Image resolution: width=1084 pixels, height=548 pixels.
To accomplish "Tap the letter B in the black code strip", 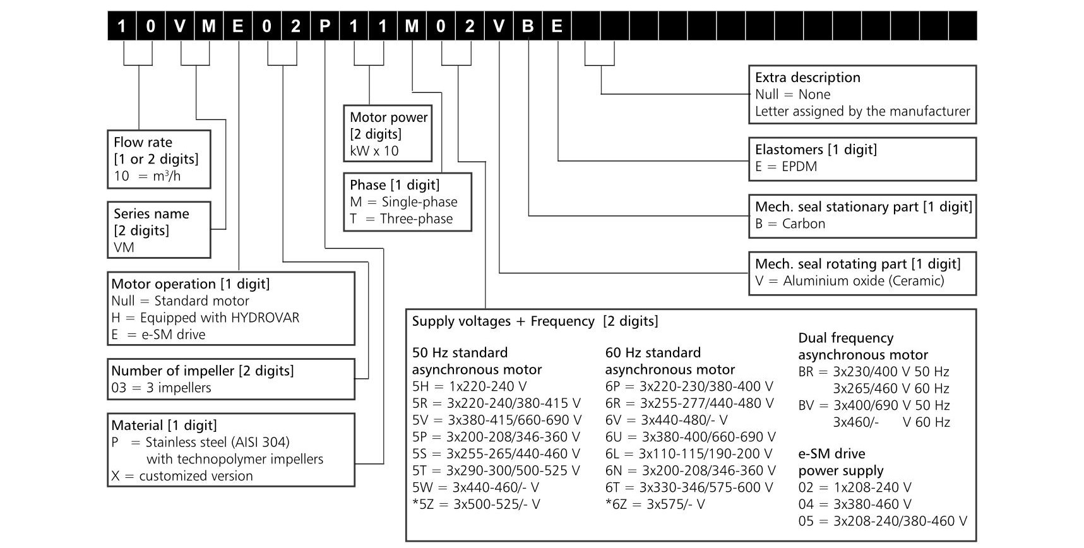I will [528, 26].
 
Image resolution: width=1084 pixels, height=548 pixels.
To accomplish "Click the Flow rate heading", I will [143, 142].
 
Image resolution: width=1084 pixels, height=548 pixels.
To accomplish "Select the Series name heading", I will [152, 213].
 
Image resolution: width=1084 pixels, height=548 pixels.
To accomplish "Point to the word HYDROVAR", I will [265, 318].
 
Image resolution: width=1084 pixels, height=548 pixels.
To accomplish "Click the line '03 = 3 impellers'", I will [161, 388].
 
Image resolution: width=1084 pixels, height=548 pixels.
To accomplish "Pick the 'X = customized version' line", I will [182, 476].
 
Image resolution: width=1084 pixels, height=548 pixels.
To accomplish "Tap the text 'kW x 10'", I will [374, 151].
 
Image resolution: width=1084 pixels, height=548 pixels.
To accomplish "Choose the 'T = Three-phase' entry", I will [402, 219].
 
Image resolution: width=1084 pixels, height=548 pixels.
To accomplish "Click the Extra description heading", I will [807, 78].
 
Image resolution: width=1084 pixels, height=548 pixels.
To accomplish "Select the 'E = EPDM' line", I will [786, 167].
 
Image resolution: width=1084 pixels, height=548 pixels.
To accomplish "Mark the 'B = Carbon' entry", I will [790, 224].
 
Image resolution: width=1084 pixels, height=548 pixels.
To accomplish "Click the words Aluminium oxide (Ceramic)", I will [863, 281].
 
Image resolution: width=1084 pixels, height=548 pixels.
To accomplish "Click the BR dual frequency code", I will [806, 372].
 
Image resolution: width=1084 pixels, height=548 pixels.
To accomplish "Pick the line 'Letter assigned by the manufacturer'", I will [862, 112].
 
